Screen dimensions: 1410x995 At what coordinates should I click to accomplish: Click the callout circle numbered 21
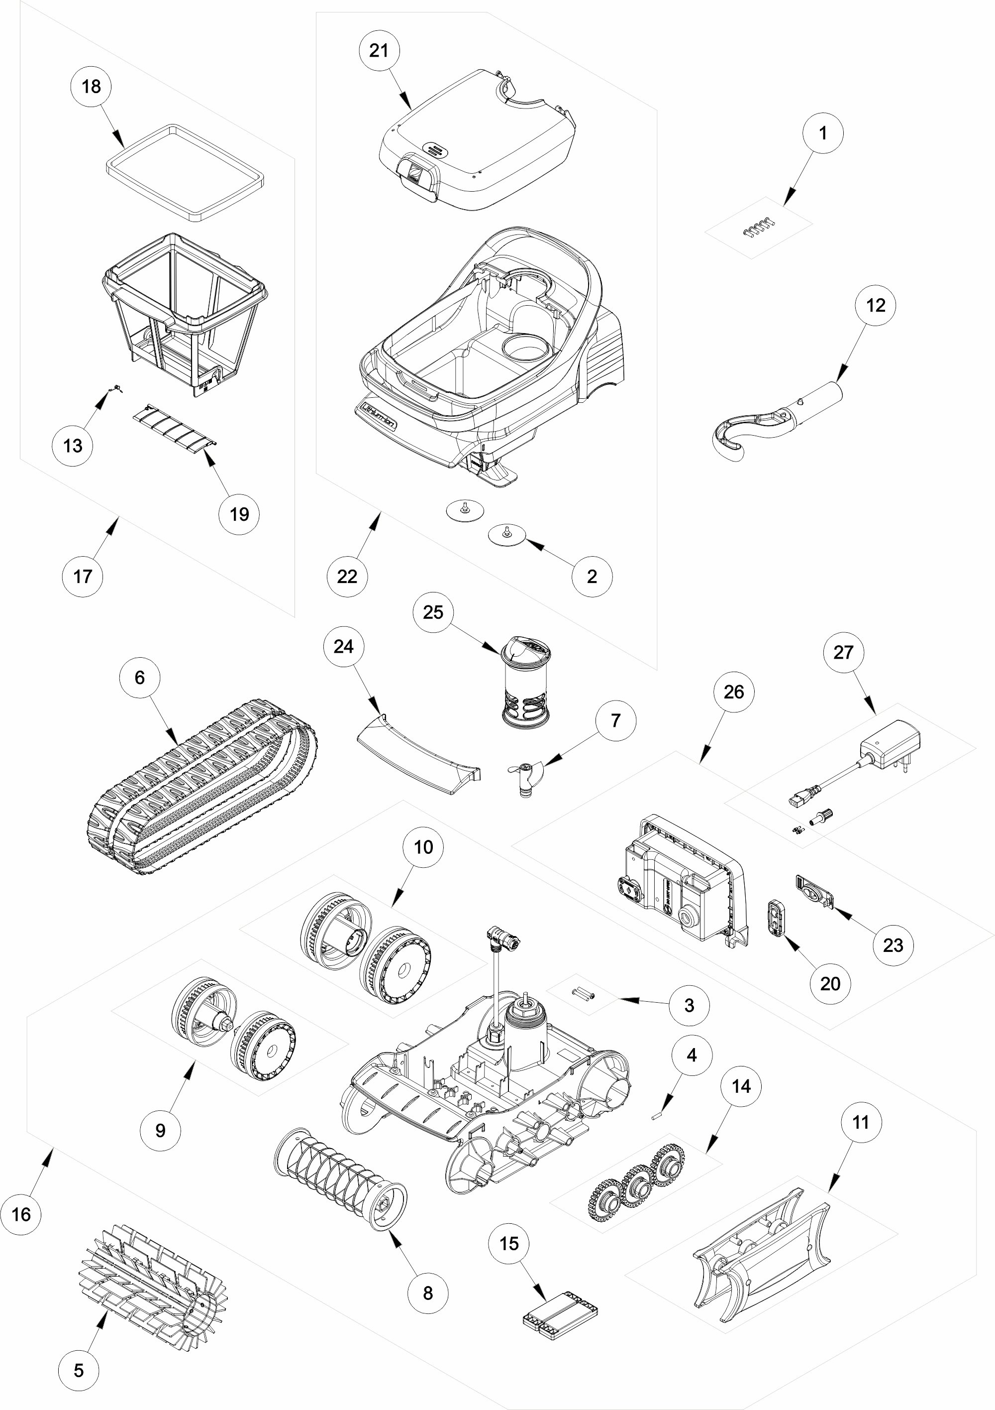(379, 50)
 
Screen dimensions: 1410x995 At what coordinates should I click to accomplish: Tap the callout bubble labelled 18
(91, 86)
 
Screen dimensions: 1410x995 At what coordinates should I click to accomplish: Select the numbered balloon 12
(875, 305)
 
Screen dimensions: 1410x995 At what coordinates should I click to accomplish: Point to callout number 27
(843, 652)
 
